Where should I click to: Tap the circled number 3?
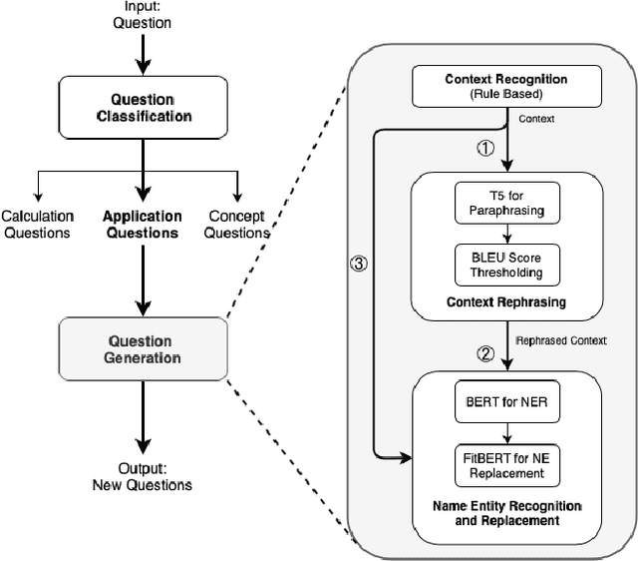tap(360, 266)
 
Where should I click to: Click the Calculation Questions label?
tap(36, 225)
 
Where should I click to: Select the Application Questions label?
tap(144, 225)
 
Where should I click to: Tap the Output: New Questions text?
tap(143, 477)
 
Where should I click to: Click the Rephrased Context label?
tap(561, 340)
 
